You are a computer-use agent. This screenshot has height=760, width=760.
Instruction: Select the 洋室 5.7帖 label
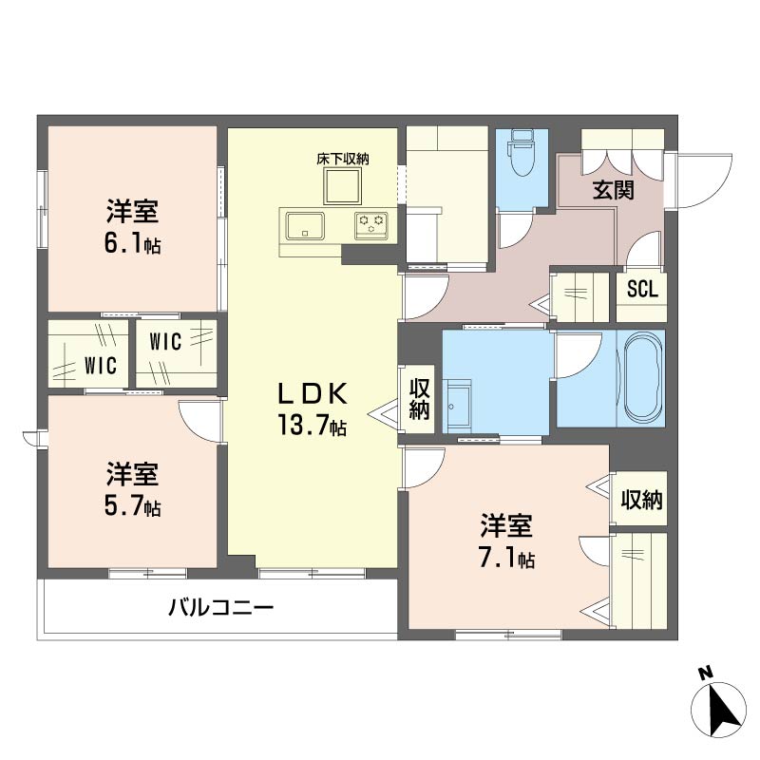[x=132, y=489]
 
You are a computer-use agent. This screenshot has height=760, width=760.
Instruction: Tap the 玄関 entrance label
[x=614, y=190]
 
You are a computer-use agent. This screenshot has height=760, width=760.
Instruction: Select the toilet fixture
[x=521, y=158]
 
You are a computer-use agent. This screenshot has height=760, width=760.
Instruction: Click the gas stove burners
[x=372, y=226]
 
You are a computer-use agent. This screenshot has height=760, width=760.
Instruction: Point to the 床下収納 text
[x=342, y=159]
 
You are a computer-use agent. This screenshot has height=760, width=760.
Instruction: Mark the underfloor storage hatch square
[x=343, y=187]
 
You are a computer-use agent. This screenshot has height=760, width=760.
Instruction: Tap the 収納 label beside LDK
[x=419, y=399]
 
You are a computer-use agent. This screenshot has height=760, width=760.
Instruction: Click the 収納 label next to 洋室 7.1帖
[x=642, y=500]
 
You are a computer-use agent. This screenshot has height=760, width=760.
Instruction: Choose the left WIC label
[x=99, y=365]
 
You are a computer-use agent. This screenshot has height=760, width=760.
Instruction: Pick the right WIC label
[x=164, y=343]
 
